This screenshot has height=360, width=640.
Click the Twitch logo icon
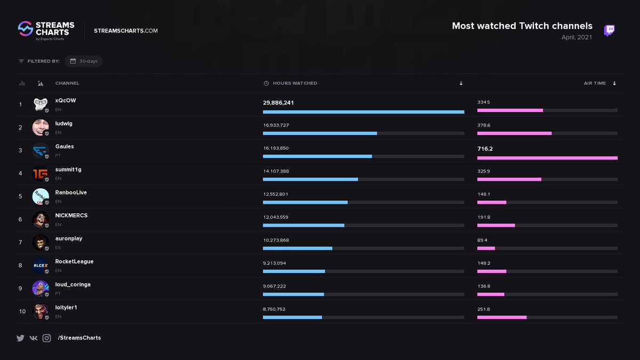[x=609, y=30]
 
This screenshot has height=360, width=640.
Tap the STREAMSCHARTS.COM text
[x=126, y=31]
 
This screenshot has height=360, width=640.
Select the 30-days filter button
[x=84, y=61]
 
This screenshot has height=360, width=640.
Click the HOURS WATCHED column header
[x=294, y=83]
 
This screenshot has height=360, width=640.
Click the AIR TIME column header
[x=595, y=83]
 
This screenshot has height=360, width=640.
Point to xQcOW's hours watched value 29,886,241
[x=278, y=102]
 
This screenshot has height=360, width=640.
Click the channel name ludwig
[x=64, y=124]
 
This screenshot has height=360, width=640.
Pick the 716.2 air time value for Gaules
[x=485, y=149]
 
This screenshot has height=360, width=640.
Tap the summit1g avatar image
[x=41, y=173]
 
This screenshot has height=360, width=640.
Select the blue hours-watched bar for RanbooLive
[x=305, y=202]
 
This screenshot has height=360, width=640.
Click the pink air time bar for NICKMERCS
[x=496, y=225]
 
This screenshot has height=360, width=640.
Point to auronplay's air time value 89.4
[x=482, y=241]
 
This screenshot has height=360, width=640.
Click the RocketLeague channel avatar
[x=41, y=265]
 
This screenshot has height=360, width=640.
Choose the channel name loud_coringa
[x=73, y=285]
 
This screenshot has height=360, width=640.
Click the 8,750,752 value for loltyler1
[x=274, y=309]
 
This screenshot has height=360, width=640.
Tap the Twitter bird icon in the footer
[x=20, y=338]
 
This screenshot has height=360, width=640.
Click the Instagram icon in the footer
[x=46, y=338]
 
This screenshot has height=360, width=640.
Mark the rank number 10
[x=22, y=311]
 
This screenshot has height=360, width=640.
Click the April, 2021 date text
[x=577, y=37]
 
